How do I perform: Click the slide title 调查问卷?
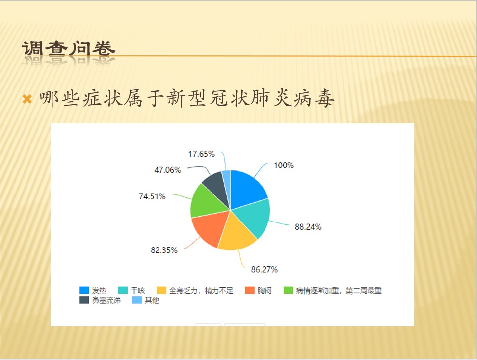tap(68, 49)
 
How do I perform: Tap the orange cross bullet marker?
tap(27, 99)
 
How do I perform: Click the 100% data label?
tap(284, 166)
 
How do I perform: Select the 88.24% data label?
tap(308, 227)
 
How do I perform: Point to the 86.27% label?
tap(265, 269)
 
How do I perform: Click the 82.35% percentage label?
tap(164, 250)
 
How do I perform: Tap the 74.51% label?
tap(152, 196)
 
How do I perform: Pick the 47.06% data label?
tap(168, 170)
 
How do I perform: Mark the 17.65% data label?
tap(201, 154)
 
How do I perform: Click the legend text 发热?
tap(99, 291)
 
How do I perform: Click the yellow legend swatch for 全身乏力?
tap(161, 290)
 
